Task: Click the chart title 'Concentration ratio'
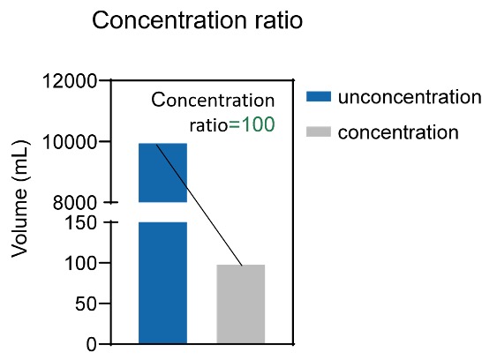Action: (x=198, y=20)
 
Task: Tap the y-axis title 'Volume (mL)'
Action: (x=19, y=199)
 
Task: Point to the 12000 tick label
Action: (x=70, y=81)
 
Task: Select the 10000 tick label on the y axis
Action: (x=70, y=142)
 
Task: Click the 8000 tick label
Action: (x=75, y=203)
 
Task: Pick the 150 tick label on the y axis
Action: (x=80, y=222)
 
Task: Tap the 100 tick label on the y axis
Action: (x=80, y=264)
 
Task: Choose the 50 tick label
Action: (x=87, y=304)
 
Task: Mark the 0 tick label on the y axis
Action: (x=92, y=345)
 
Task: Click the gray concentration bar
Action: (x=241, y=304)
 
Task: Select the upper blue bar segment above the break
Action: (x=163, y=173)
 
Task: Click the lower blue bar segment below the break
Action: (x=163, y=282)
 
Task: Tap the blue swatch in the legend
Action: (x=319, y=96)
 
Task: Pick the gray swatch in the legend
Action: (x=319, y=131)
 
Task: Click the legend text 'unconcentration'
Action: (x=410, y=97)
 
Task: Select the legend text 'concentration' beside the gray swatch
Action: (x=398, y=132)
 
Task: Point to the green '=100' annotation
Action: (x=252, y=124)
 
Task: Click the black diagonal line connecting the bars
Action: (x=200, y=205)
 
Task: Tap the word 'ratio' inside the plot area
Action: (x=208, y=124)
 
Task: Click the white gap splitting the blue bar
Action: (x=163, y=212)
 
